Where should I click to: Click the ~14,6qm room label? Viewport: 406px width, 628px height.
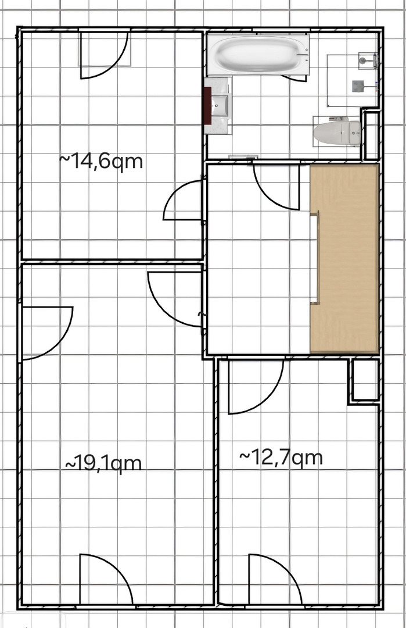[x=101, y=162]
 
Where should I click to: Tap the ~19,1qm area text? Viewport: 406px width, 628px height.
[x=103, y=463]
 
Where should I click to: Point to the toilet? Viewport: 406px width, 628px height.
[x=337, y=133]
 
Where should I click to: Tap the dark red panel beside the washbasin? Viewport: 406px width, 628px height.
[x=207, y=106]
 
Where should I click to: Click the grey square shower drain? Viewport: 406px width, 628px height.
[x=358, y=85]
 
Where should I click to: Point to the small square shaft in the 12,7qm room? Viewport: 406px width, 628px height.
[x=365, y=380]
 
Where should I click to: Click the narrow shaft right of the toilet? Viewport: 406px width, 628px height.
[x=372, y=135]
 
